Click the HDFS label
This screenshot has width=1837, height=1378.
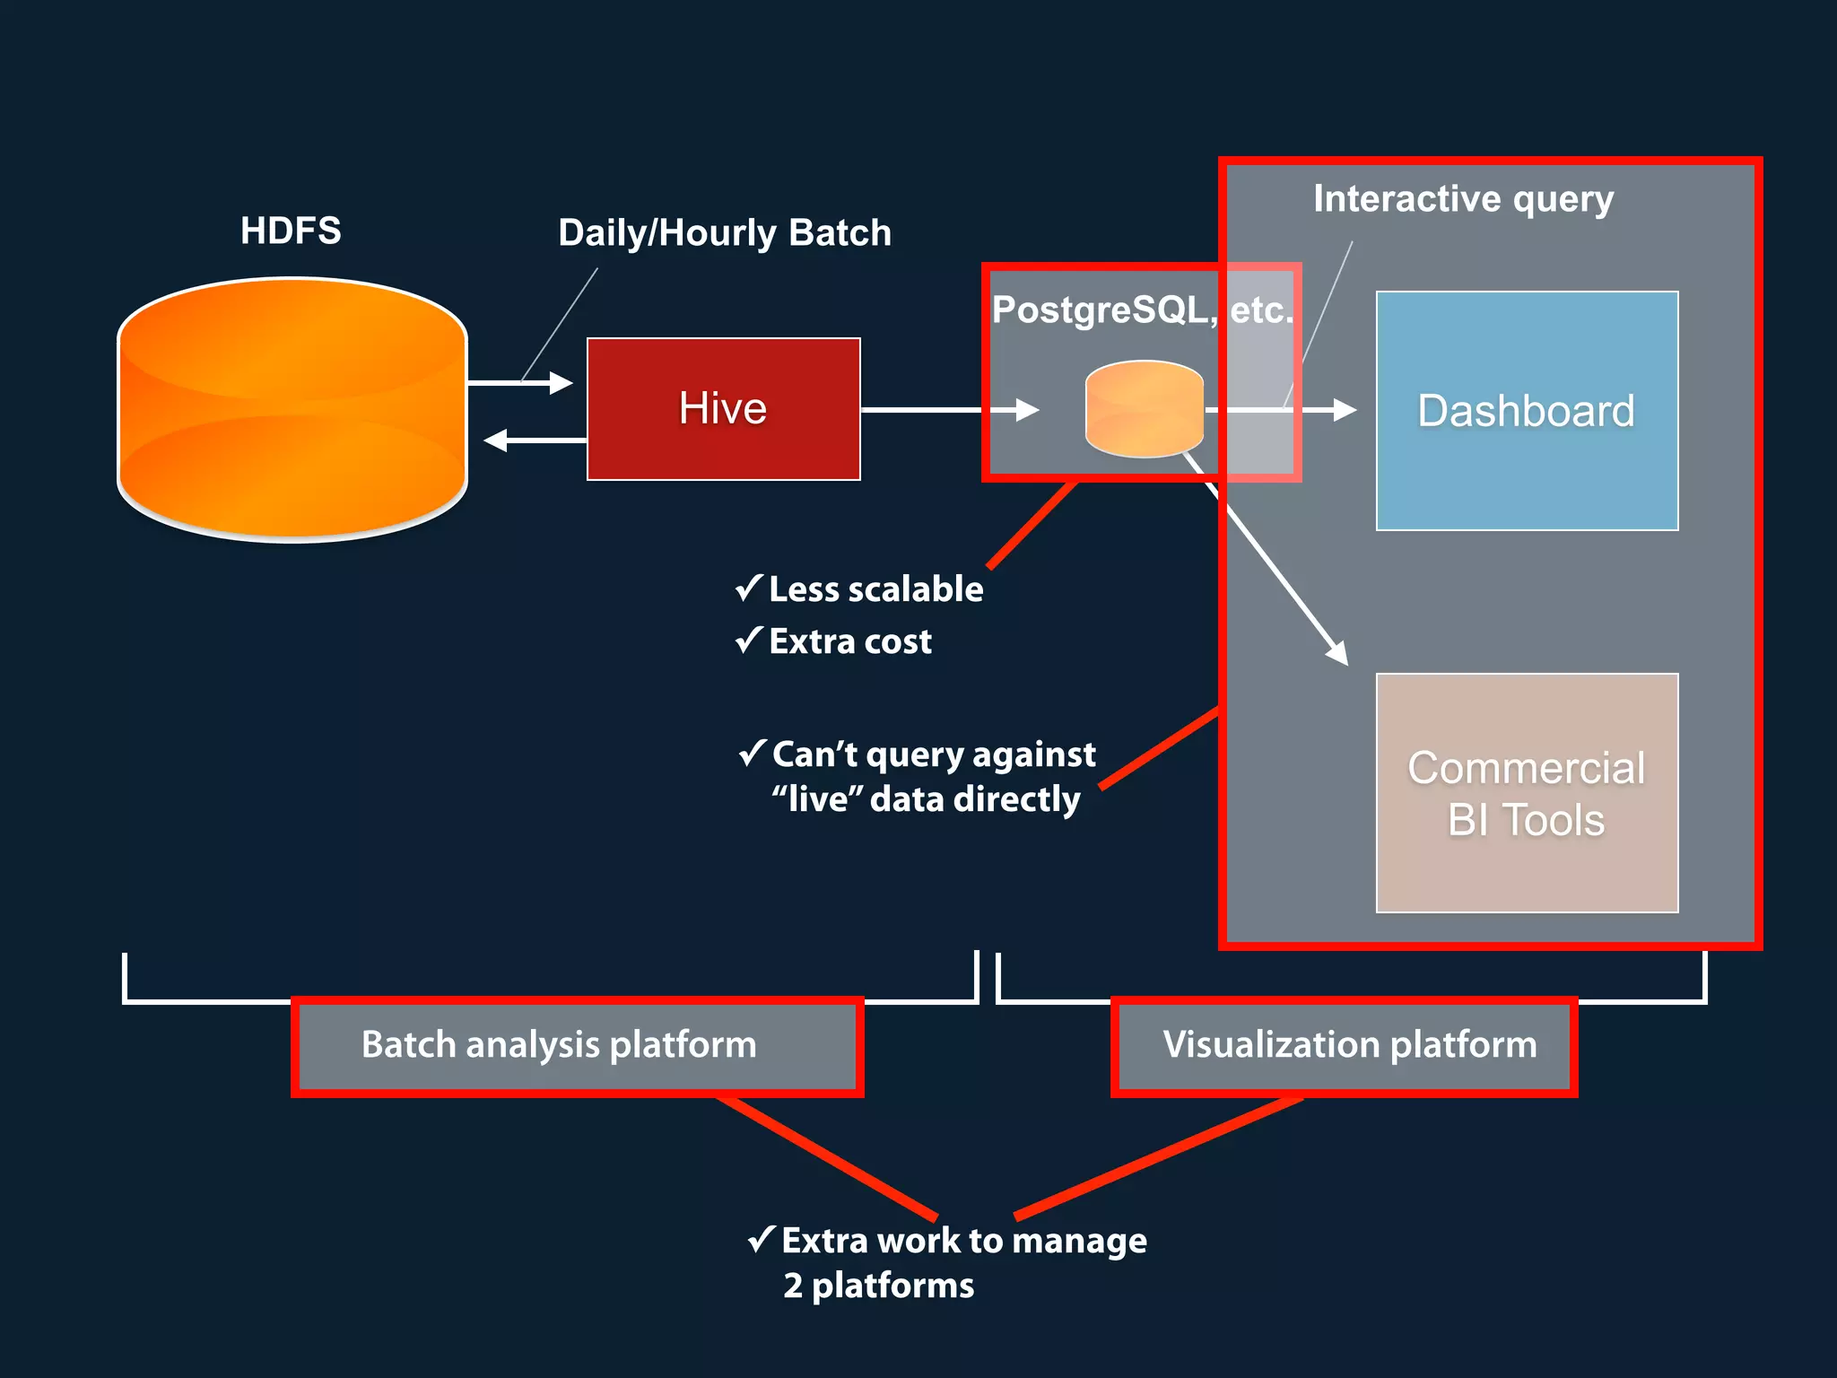pos(291,231)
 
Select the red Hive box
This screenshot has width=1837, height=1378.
pos(723,409)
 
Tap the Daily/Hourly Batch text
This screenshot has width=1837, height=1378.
pos(725,233)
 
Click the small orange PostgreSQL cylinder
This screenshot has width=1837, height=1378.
pos(1144,409)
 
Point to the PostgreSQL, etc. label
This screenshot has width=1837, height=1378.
pos(1143,310)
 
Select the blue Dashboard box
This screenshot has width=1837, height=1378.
pos(1527,411)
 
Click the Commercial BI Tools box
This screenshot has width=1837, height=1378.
pos(1527,793)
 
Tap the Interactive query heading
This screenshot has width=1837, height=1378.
pos(1463,198)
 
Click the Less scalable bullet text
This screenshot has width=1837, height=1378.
pos(875,589)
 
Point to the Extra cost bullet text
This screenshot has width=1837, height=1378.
pos(850,641)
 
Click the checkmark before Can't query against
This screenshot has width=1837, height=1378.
pos(752,753)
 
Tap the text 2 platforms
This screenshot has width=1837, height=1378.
pos(879,1286)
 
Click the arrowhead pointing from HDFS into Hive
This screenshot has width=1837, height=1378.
pos(562,383)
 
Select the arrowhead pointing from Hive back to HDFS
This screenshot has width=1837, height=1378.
pos(494,440)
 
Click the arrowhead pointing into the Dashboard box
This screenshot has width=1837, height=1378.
pos(1345,410)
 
